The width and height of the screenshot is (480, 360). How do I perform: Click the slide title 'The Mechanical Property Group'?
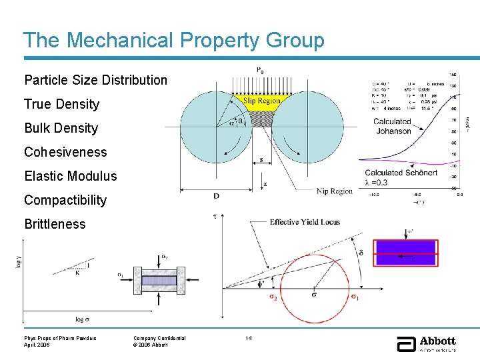(x=174, y=40)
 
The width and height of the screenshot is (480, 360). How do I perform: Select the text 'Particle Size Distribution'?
(x=95, y=80)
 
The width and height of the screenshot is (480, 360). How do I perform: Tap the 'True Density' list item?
(x=61, y=104)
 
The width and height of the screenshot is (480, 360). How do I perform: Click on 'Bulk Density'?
(x=61, y=128)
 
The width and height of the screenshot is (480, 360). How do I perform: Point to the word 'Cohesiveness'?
(x=65, y=152)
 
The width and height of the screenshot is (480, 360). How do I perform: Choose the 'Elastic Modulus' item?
(x=70, y=176)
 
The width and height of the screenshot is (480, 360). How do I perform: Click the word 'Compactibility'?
(x=65, y=200)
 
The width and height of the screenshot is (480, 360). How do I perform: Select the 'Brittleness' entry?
(x=55, y=224)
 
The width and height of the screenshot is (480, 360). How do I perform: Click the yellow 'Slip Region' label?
(x=261, y=101)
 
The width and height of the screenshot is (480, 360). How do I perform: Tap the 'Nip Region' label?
(x=334, y=191)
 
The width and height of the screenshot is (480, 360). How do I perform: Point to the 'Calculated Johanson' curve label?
(x=393, y=126)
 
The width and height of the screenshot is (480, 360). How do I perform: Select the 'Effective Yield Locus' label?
(x=305, y=222)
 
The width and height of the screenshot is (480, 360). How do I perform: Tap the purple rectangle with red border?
(x=406, y=253)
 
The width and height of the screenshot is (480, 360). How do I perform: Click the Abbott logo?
(x=427, y=343)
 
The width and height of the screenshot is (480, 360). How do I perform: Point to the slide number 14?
(x=248, y=338)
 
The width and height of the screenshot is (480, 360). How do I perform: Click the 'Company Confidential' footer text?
(x=159, y=338)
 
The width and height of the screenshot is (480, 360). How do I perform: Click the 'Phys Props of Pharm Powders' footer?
(x=60, y=338)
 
